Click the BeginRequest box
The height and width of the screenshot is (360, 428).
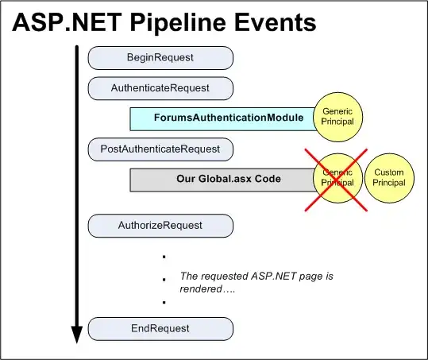(160, 57)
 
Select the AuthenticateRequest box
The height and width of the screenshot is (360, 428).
(160, 87)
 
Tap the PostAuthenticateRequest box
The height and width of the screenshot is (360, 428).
(160, 148)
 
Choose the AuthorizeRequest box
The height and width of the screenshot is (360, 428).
(160, 226)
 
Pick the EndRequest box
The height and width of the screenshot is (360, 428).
(160, 327)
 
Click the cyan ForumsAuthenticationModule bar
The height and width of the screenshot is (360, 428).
(222, 118)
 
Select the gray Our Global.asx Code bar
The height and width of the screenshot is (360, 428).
(222, 179)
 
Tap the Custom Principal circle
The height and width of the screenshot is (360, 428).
(388, 178)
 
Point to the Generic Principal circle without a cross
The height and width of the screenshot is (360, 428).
(338, 116)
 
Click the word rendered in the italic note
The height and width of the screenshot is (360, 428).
(202, 289)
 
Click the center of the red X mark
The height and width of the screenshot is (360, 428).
(335, 180)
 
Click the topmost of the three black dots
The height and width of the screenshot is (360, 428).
(163, 257)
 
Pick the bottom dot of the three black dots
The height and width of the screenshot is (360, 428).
(163, 303)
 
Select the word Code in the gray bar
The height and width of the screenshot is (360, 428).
(267, 179)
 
